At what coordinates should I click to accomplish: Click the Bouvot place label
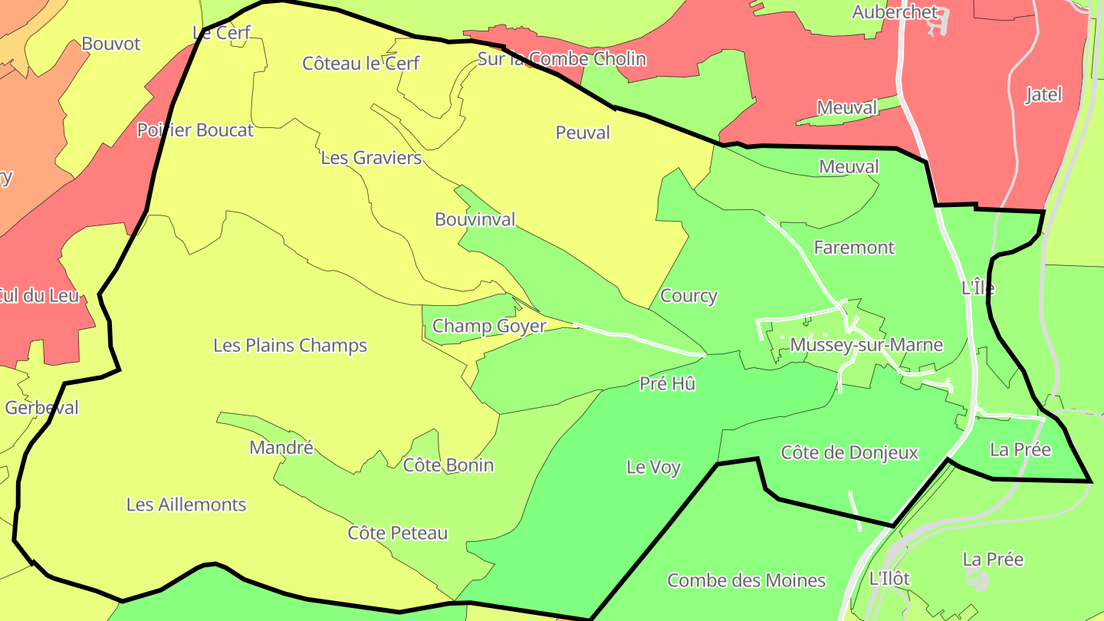(x=111, y=44)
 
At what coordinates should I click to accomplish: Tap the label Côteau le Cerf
(x=360, y=63)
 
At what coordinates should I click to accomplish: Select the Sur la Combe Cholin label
(x=562, y=59)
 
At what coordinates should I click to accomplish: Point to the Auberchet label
(x=895, y=12)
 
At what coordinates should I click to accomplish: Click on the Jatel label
(x=1043, y=95)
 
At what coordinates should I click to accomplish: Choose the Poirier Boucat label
(x=195, y=130)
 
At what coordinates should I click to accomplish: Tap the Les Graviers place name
(x=371, y=158)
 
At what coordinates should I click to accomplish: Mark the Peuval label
(x=583, y=133)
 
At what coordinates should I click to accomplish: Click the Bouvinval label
(x=475, y=219)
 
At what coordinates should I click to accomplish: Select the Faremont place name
(x=854, y=248)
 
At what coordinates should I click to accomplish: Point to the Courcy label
(x=688, y=296)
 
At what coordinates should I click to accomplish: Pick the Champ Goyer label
(x=489, y=326)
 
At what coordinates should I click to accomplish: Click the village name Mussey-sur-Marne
(x=866, y=345)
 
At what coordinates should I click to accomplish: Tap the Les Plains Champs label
(x=290, y=346)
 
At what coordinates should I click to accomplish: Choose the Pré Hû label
(x=668, y=384)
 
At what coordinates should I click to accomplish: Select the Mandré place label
(x=281, y=448)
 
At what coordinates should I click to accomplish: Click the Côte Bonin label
(x=449, y=465)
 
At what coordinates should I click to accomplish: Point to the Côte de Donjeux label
(x=849, y=452)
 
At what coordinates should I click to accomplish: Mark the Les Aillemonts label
(x=186, y=504)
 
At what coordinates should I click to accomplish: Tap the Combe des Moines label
(x=746, y=580)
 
